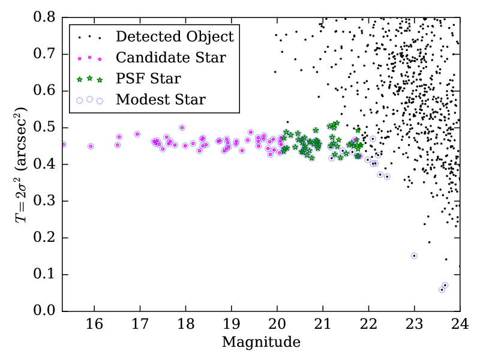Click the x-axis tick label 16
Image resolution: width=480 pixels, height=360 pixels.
click(94, 325)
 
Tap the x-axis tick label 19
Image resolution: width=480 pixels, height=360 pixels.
click(231, 325)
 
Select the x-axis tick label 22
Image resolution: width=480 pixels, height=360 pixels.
click(368, 325)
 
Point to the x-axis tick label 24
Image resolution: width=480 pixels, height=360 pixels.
click(460, 325)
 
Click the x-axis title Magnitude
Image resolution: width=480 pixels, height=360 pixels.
click(261, 343)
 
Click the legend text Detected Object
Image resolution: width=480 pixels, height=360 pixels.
click(175, 37)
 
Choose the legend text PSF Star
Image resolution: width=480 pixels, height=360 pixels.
click(148, 79)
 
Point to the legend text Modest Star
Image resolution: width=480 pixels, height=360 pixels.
click(161, 100)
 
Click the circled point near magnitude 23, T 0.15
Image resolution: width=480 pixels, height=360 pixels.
click(414, 256)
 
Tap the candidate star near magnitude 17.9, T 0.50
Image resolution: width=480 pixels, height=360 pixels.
click(182, 127)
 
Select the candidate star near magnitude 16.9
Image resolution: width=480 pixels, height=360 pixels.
click(137, 134)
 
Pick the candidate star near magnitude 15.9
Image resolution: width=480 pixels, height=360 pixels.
click(91, 146)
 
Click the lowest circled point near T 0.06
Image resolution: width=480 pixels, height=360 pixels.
click(442, 289)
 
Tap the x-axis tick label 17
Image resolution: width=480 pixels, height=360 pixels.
click(140, 325)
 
